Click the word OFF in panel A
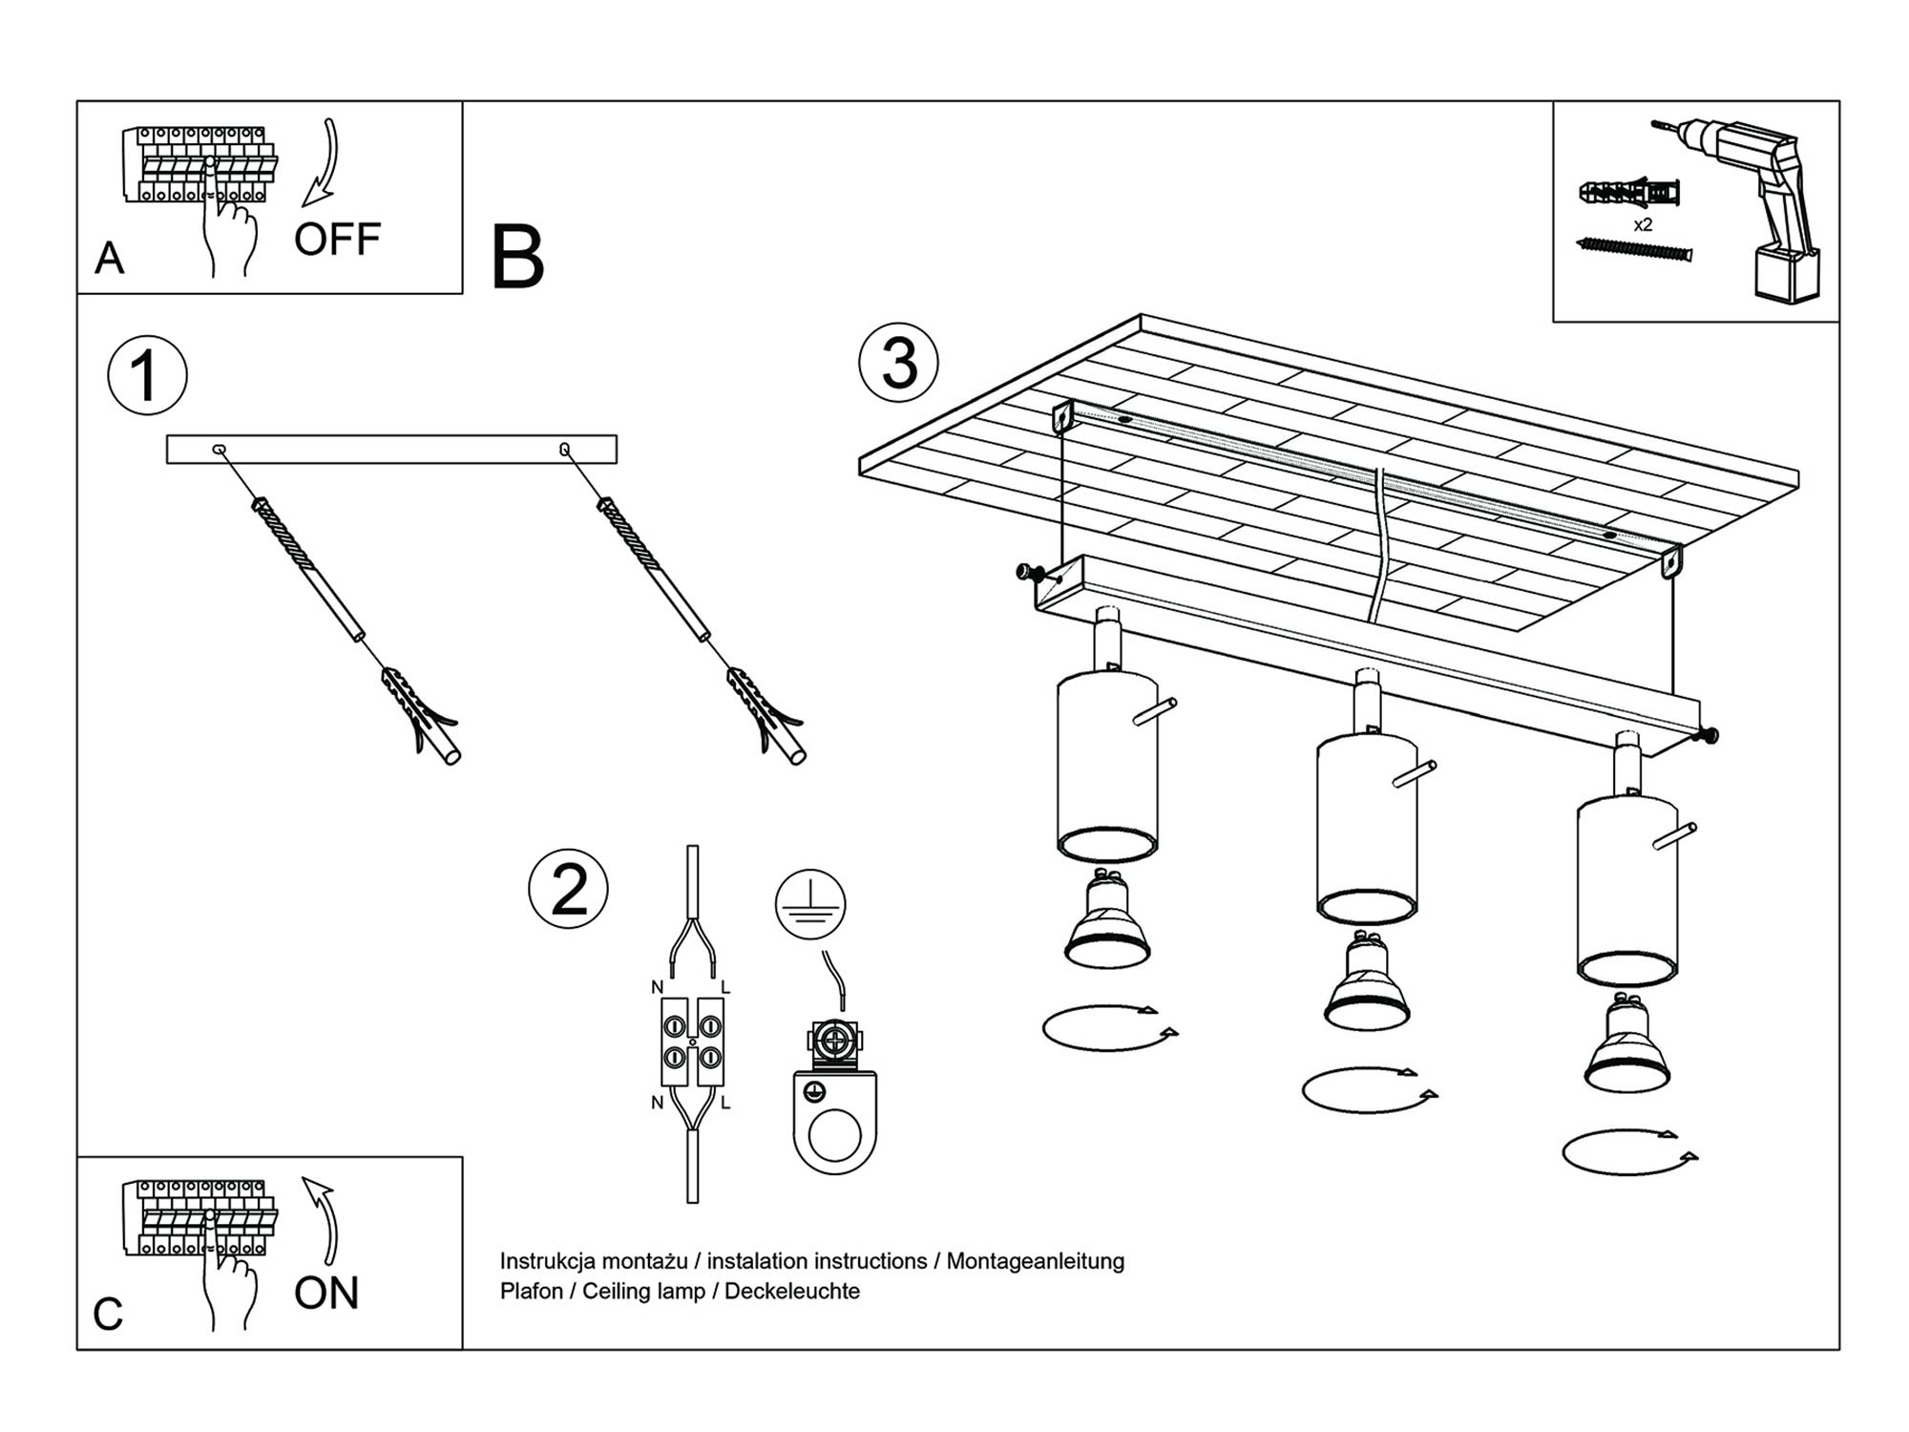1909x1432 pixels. [337, 240]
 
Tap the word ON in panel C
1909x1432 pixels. [326, 1294]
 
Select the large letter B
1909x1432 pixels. [517, 258]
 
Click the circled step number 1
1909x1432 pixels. [147, 375]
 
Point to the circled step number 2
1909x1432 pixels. [569, 890]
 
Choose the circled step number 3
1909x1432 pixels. [898, 364]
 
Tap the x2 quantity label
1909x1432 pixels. [1643, 225]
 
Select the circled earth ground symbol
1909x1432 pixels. [810, 904]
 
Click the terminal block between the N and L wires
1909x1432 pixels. [692, 1042]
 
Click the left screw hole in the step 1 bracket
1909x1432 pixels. [219, 449]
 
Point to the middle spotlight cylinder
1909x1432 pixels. [1367, 826]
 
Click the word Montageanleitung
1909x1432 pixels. [1036, 1261]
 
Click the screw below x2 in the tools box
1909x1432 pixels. [1634, 249]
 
